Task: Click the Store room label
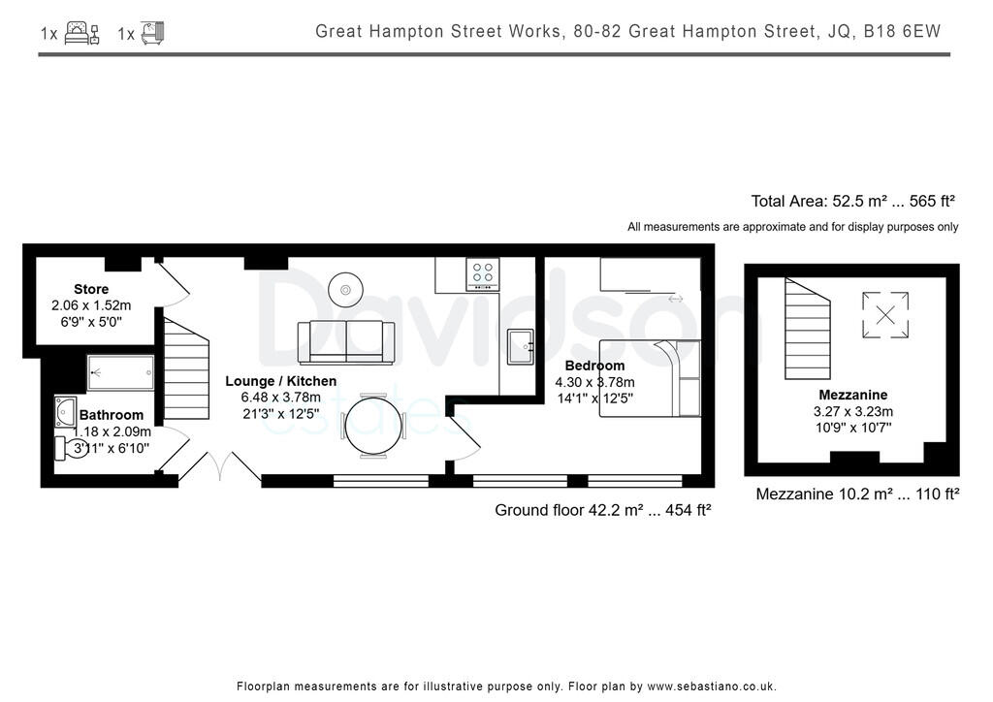pyautogui.click(x=91, y=289)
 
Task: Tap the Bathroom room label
pyautogui.click(x=112, y=415)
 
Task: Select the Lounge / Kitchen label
pyautogui.click(x=281, y=381)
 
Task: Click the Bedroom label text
pyautogui.click(x=594, y=366)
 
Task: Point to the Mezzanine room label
pyautogui.click(x=852, y=395)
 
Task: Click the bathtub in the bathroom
pyautogui.click(x=120, y=372)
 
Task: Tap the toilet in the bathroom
pyautogui.click(x=74, y=448)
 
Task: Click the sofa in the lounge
pyautogui.click(x=346, y=341)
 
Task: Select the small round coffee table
pyautogui.click(x=345, y=287)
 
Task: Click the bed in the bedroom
pyautogui.click(x=649, y=378)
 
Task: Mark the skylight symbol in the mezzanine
pyautogui.click(x=885, y=314)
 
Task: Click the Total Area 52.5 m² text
pyautogui.click(x=852, y=202)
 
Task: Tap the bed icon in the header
pyautogui.click(x=81, y=33)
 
